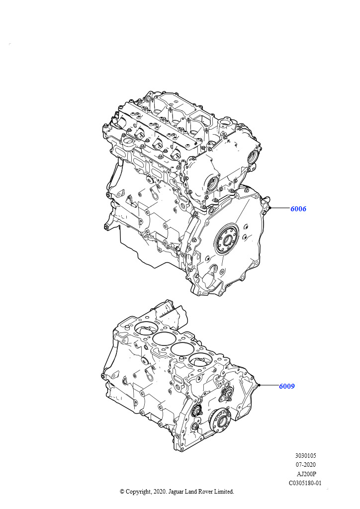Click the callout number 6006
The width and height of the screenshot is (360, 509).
[x=298, y=209]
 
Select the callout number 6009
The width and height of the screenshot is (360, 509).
[x=286, y=386]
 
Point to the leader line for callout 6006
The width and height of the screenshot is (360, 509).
[x=280, y=208]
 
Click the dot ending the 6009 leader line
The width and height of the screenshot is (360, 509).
[x=259, y=385]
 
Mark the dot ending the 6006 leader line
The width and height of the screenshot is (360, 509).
[x=270, y=208]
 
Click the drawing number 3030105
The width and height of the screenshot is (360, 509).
[x=305, y=456]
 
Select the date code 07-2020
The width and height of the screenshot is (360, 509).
[x=305, y=465]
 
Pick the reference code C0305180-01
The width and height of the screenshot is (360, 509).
[x=305, y=483]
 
